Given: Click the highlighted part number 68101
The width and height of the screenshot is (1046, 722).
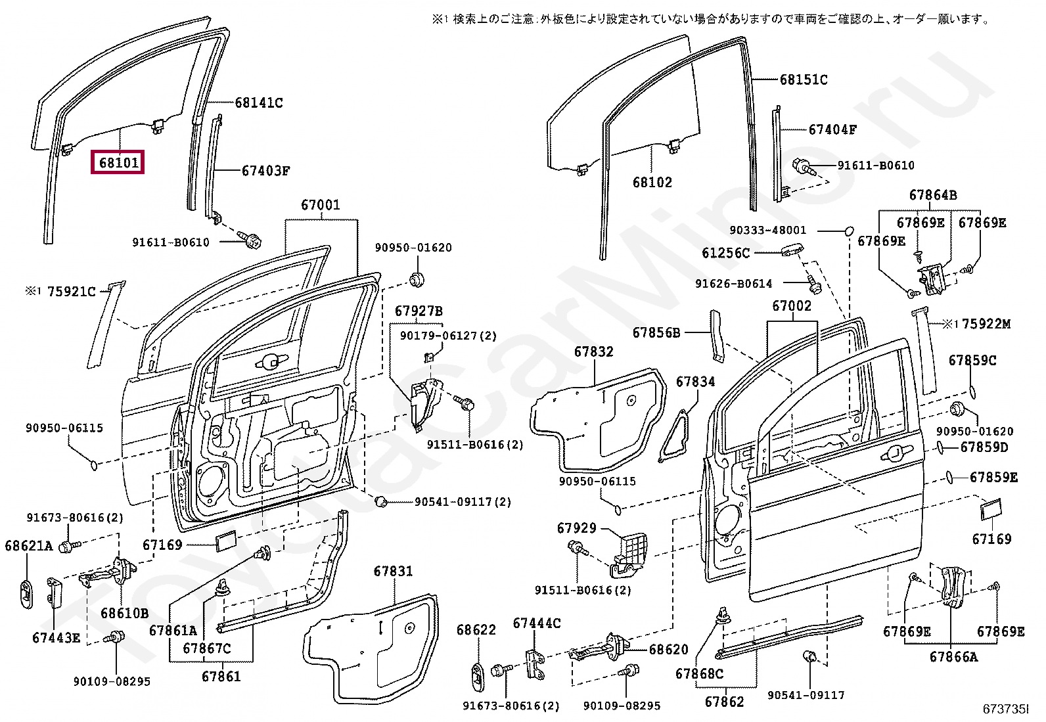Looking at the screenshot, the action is [x=119, y=162].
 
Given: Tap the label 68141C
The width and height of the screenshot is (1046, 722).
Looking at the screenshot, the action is [x=259, y=102].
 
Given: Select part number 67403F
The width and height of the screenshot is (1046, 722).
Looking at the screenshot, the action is [x=265, y=171].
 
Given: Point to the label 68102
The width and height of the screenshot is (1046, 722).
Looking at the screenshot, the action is [x=652, y=182].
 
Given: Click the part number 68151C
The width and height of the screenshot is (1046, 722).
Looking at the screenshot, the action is [x=804, y=80].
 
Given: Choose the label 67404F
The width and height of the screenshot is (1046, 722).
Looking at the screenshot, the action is [x=832, y=129].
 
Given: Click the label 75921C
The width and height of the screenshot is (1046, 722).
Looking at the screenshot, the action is [x=72, y=292].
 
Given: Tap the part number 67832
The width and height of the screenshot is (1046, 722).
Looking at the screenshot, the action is [x=593, y=351].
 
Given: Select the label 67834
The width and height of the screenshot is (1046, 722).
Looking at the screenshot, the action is [x=695, y=382].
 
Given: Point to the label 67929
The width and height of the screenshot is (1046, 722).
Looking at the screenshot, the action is [x=577, y=528].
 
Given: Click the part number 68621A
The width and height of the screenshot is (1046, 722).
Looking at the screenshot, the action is [x=29, y=545].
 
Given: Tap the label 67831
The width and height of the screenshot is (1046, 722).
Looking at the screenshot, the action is [x=393, y=571].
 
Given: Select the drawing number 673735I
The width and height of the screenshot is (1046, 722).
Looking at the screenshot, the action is [x=1006, y=709].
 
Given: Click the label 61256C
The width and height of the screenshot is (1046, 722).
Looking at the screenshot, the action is [x=725, y=253].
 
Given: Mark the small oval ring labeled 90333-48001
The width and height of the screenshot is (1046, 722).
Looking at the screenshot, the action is [x=849, y=231].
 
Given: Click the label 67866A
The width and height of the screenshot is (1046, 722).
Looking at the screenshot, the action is [x=953, y=656].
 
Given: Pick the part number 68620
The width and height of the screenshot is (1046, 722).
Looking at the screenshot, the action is [x=669, y=649].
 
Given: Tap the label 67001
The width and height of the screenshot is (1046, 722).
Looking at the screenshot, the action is [x=321, y=205].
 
